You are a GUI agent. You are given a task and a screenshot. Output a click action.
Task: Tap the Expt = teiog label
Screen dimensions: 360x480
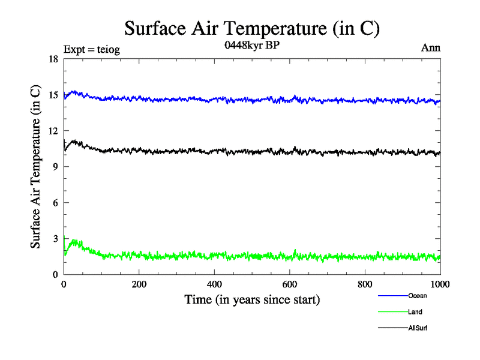(x=92, y=50)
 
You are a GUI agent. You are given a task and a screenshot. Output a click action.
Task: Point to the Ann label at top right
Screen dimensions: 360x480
(x=431, y=47)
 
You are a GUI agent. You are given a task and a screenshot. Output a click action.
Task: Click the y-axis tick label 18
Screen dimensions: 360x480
(x=53, y=59)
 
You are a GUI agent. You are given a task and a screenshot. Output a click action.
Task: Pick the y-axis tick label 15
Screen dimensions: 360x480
(x=53, y=95)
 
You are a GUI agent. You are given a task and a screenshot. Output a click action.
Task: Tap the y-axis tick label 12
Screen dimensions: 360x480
(x=53, y=131)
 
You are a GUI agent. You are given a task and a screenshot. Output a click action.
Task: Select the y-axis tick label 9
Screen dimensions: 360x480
(x=55, y=167)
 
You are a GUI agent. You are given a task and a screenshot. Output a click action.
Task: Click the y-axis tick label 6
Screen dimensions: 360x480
(x=55, y=203)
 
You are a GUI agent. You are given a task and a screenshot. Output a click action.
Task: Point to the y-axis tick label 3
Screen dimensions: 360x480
(x=55, y=239)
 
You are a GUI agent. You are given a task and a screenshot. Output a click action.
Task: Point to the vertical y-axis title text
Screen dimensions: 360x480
(x=37, y=167)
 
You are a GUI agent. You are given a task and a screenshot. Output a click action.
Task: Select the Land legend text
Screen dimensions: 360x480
(x=415, y=312)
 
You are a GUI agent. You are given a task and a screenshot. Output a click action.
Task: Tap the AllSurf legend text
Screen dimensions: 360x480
(x=418, y=328)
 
